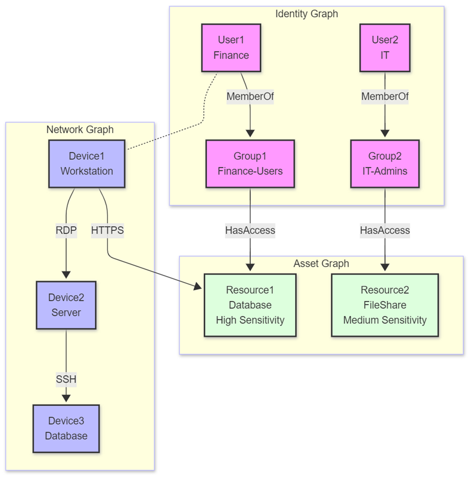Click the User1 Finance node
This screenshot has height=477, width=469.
coord(231,48)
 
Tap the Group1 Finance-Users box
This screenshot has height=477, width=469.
coord(250,164)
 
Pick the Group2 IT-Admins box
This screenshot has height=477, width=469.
coord(384,164)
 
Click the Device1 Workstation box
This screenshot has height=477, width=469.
coord(86,164)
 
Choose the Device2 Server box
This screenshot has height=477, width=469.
coord(66,305)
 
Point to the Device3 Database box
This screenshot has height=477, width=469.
coord(66,428)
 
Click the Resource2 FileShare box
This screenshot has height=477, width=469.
coord(384,305)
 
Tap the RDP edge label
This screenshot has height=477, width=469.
coord(66,230)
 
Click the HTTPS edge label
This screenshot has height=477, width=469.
coord(107,230)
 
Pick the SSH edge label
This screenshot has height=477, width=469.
coord(66,379)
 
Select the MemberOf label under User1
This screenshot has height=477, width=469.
coord(250,96)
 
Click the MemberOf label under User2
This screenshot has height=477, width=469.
coord(384,96)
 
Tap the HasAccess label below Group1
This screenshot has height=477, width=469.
coord(250,230)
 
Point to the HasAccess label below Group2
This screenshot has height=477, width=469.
coord(384,230)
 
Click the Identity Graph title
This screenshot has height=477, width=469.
coord(306,14)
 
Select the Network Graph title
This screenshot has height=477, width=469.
coord(80,129)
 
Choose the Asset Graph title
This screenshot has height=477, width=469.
coord(321,264)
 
